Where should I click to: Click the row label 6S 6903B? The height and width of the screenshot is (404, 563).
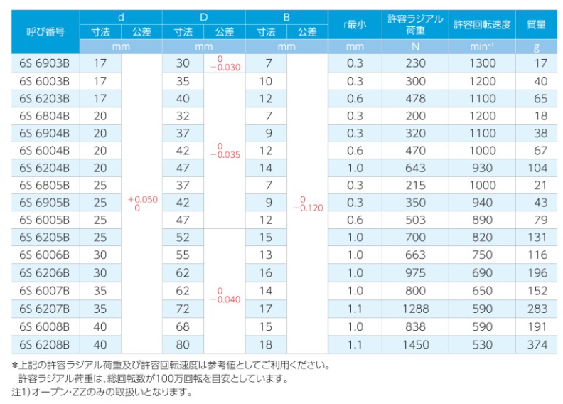click(x=45, y=63)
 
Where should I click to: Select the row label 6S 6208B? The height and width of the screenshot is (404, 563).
click(x=45, y=345)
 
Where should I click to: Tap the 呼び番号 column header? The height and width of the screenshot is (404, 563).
click(x=45, y=31)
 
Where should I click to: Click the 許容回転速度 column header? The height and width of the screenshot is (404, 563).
click(x=482, y=24)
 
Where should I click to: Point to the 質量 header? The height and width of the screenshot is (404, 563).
click(x=537, y=24)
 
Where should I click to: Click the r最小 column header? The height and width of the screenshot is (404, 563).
click(x=355, y=24)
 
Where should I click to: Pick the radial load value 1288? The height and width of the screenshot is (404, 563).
click(x=415, y=309)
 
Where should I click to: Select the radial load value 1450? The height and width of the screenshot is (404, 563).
click(x=415, y=345)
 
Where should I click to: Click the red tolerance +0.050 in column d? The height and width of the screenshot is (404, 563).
click(x=143, y=200)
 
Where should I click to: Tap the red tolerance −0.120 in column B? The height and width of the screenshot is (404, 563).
click(x=308, y=208)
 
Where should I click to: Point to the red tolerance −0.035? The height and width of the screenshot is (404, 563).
click(x=225, y=155)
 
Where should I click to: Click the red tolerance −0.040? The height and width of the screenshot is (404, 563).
click(x=225, y=299)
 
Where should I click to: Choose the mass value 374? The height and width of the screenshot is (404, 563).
click(x=537, y=345)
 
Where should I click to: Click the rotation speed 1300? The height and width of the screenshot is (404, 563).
click(x=483, y=63)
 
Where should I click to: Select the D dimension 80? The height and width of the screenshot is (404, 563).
click(x=183, y=345)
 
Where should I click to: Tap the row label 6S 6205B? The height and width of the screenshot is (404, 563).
click(x=45, y=238)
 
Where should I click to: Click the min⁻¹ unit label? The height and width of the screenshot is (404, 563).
click(x=482, y=47)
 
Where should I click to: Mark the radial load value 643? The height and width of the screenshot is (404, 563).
click(x=415, y=168)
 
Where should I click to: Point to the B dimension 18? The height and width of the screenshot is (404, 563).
click(x=266, y=345)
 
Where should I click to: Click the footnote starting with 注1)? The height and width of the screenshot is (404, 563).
click(x=102, y=392)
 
